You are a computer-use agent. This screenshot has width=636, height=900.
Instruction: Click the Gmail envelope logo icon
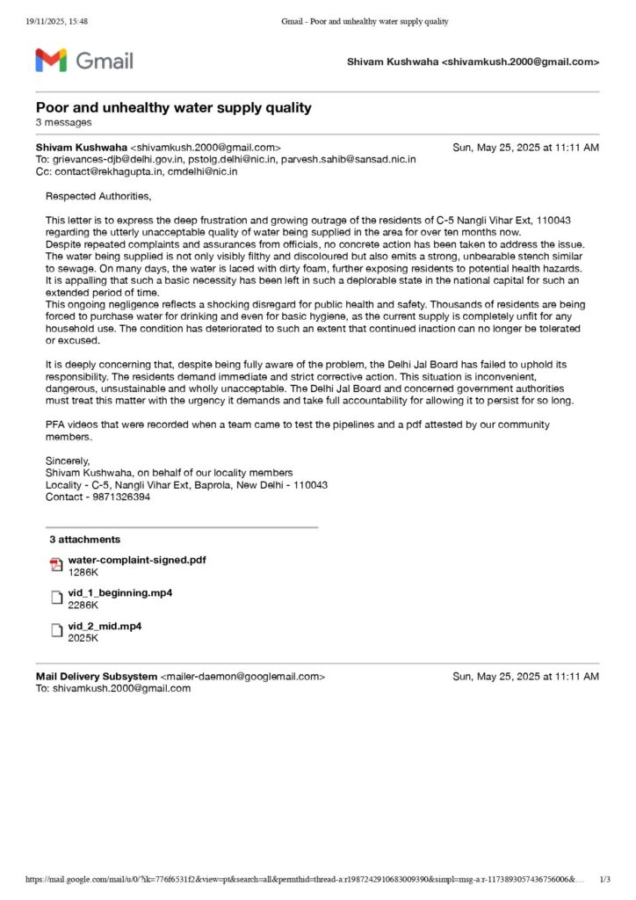pyautogui.click(x=51, y=61)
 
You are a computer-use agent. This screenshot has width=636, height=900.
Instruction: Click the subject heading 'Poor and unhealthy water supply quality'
pyautogui.click(x=173, y=108)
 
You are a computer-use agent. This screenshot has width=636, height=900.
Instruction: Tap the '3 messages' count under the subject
pyautogui.click(x=63, y=123)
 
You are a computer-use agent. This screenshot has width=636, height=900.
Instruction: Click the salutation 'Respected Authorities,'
pyautogui.click(x=98, y=196)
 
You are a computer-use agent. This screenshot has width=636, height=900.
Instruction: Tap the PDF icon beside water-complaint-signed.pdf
pyautogui.click(x=56, y=565)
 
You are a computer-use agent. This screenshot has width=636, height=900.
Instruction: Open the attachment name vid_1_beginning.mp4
pyautogui.click(x=119, y=592)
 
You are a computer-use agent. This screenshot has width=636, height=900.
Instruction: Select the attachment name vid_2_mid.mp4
pyautogui.click(x=105, y=626)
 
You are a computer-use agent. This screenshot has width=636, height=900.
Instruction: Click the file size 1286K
pyautogui.click(x=83, y=572)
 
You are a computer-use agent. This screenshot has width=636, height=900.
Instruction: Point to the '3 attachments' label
pyautogui.click(x=85, y=540)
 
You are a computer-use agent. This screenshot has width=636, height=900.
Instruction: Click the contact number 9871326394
pyautogui.click(x=119, y=497)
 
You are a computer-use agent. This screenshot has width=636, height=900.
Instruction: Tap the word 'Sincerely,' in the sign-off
pyautogui.click(x=68, y=461)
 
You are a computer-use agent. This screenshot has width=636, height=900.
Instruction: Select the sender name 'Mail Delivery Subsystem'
pyautogui.click(x=96, y=677)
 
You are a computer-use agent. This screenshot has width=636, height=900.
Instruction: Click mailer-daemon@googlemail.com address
pyautogui.click(x=242, y=677)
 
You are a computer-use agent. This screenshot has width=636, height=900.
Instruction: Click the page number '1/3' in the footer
pyautogui.click(x=605, y=880)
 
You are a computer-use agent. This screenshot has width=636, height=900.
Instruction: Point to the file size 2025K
pyautogui.click(x=83, y=638)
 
